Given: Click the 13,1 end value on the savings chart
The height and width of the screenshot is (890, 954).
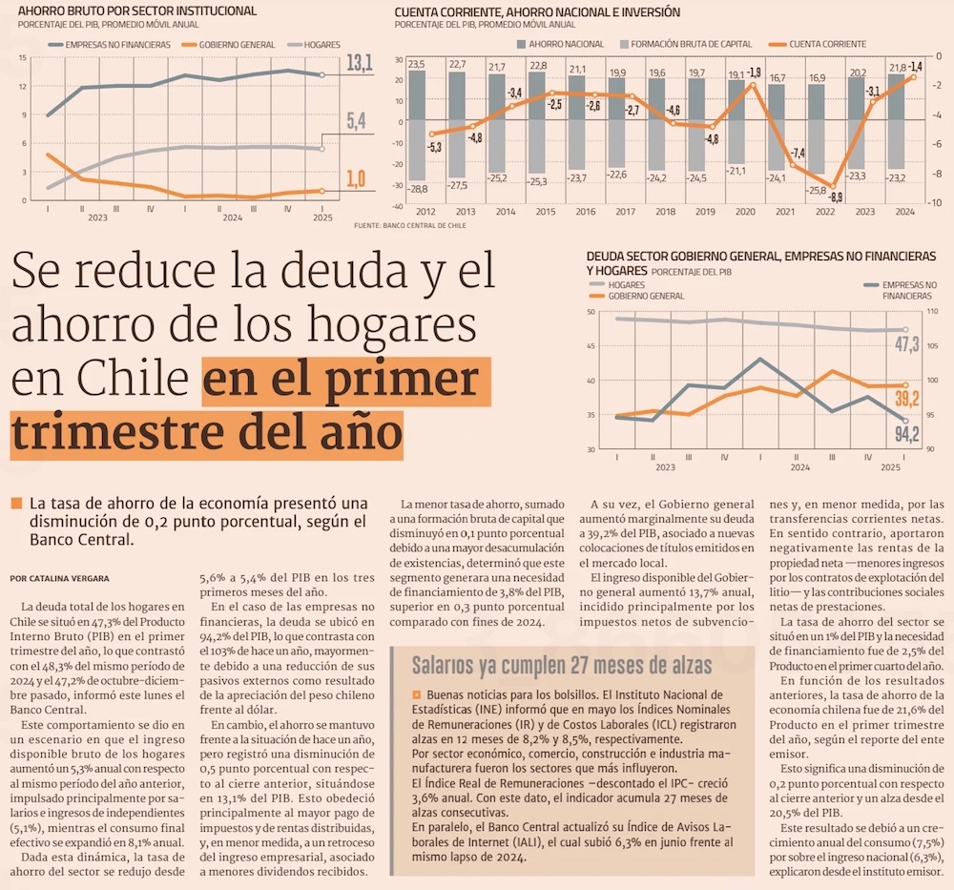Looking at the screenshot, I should tap(358, 64).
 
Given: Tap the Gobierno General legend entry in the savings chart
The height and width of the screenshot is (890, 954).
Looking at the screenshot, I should tap(237, 45).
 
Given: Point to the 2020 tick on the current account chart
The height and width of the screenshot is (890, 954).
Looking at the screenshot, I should tap(744, 211).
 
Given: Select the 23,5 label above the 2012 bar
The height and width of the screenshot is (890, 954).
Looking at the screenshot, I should tap(416, 63).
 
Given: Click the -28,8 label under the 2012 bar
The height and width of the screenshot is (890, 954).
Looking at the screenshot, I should tap(417, 190).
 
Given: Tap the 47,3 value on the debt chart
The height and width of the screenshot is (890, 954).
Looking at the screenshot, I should tap(907, 343).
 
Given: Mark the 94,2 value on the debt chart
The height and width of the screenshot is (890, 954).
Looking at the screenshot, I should tap(907, 435).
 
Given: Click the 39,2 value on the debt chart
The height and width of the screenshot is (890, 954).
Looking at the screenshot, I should tap(907, 399).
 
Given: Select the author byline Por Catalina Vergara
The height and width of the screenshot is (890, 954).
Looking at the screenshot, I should tap(59, 578).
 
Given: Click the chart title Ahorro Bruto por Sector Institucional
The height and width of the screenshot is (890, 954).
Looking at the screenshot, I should tap(123, 10).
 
